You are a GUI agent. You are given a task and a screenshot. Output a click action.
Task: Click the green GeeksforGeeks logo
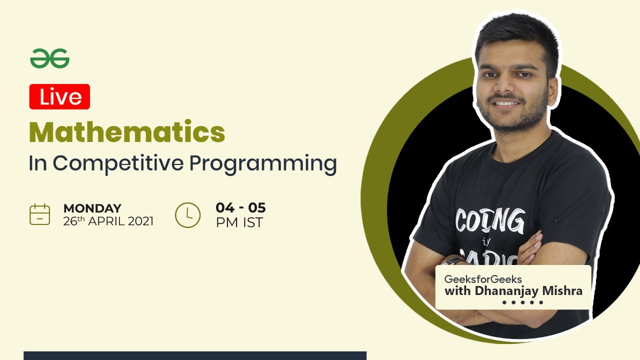49,59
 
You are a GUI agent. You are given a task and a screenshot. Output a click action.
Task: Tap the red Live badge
59,97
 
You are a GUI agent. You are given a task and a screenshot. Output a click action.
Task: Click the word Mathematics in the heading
127,132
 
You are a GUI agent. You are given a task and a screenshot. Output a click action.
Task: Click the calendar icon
39,214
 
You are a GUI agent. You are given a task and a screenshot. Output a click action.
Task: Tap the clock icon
187,215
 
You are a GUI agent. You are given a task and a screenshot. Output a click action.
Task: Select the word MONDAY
92,208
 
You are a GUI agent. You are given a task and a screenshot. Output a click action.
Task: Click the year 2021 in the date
140,221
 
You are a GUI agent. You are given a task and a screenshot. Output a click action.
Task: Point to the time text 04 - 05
240,207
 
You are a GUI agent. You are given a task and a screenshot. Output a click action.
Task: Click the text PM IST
239,222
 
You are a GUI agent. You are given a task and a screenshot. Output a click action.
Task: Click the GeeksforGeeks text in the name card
482,279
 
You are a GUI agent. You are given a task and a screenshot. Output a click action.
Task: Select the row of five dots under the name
522,302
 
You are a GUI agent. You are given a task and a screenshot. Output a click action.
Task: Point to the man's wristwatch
452,261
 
